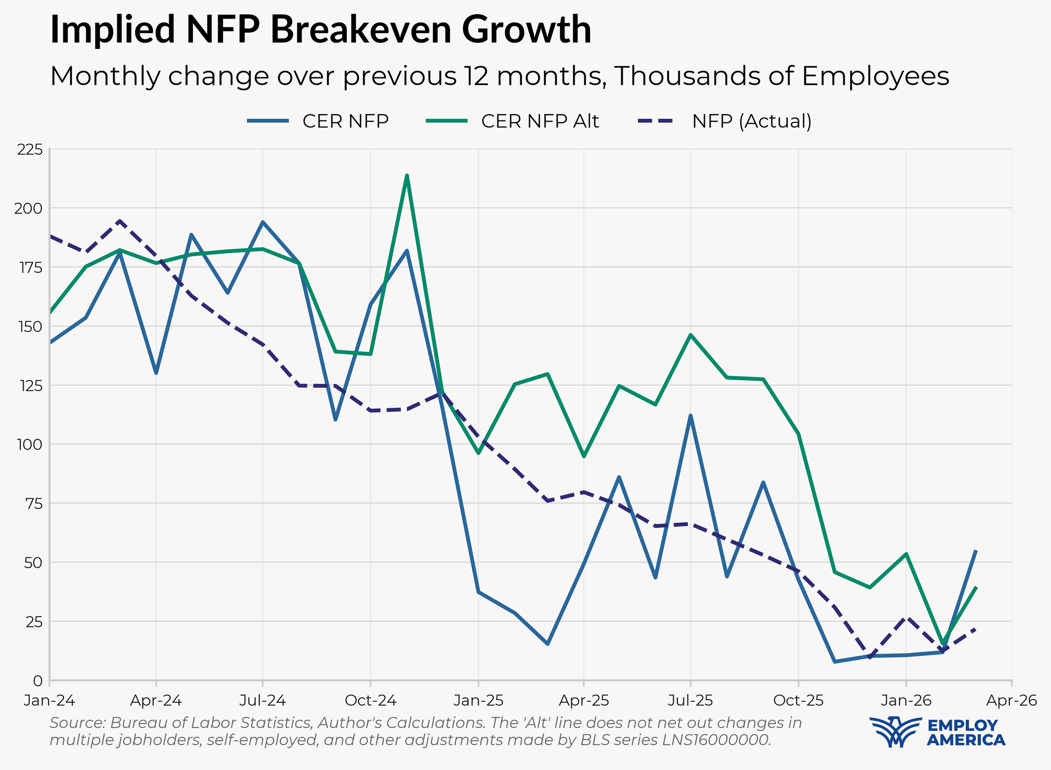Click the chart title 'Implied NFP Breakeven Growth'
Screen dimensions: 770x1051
click(321, 30)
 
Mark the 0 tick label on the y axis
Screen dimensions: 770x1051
click(37, 681)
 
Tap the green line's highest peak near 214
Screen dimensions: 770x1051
click(407, 176)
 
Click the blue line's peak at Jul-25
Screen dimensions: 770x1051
click(691, 416)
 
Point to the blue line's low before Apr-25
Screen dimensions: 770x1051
click(547, 644)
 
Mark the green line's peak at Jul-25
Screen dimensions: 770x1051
click(691, 335)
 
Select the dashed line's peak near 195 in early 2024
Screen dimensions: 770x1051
click(120, 221)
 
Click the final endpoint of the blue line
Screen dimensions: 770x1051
click(976, 551)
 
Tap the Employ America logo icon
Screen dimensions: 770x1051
click(895, 732)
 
